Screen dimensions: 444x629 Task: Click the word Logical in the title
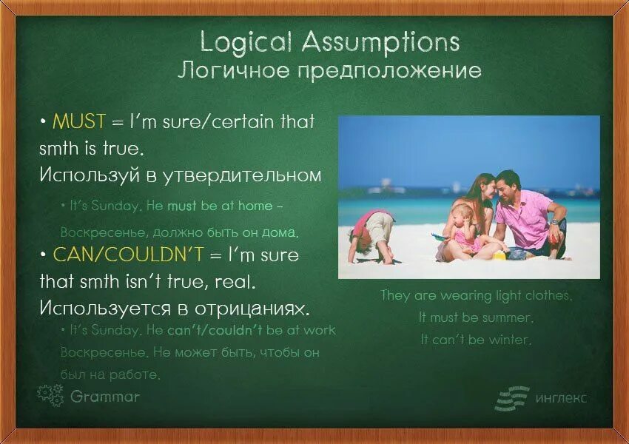click(x=246, y=42)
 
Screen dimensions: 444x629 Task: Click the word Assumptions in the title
click(x=380, y=42)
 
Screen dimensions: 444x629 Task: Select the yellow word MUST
click(x=79, y=121)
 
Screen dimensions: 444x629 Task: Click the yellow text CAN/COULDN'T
click(x=128, y=255)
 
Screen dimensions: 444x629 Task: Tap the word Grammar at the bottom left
click(x=105, y=397)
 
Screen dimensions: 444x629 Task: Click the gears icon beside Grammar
click(x=50, y=395)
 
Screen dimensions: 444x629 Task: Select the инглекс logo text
click(x=561, y=398)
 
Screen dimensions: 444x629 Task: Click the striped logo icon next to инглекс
click(x=512, y=397)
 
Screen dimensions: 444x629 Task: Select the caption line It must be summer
click(x=475, y=317)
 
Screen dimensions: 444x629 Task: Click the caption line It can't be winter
click(x=476, y=340)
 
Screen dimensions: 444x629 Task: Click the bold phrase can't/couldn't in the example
click(x=215, y=330)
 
